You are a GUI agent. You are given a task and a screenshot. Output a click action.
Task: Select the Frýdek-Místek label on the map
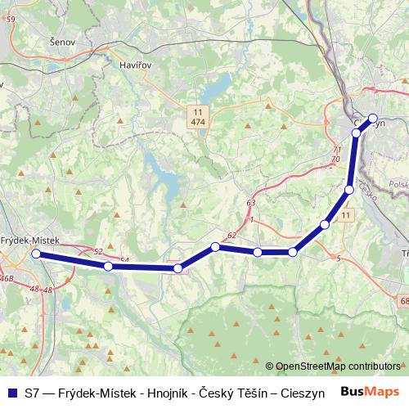pyautogui.click(x=30, y=240)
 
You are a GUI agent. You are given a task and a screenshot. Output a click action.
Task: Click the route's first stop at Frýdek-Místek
pyautogui.click(x=36, y=254)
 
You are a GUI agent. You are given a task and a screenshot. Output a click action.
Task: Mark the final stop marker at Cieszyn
pyautogui.click(x=373, y=117)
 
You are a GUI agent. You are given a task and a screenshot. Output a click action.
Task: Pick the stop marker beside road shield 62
pyautogui.click(x=216, y=246)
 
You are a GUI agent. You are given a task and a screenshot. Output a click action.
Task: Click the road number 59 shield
pyautogui.click(x=9, y=19)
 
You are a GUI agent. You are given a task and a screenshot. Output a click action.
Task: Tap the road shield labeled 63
pyautogui.click(x=250, y=202)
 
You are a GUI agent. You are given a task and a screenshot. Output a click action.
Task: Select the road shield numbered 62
pyautogui.click(x=232, y=236)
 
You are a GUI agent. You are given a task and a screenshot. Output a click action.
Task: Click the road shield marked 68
pyautogui.click(x=405, y=303)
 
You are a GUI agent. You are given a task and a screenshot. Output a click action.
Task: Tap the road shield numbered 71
pyautogui.click(x=337, y=150)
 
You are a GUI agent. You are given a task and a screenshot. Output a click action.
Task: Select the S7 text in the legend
pyautogui.click(x=33, y=393)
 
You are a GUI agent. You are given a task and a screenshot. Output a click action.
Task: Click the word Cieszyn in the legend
pyautogui.click(x=301, y=393)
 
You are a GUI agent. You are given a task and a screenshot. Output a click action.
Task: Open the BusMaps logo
pyautogui.click(x=371, y=392)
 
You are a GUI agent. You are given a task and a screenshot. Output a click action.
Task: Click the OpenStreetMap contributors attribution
pyautogui.click(x=338, y=366)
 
